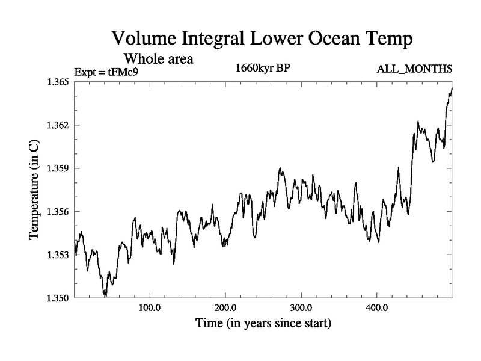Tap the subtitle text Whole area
(158, 59)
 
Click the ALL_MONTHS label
(414, 69)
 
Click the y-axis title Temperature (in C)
(34, 189)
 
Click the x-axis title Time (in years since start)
(263, 324)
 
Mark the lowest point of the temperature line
(105, 296)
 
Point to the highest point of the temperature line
(452, 88)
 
